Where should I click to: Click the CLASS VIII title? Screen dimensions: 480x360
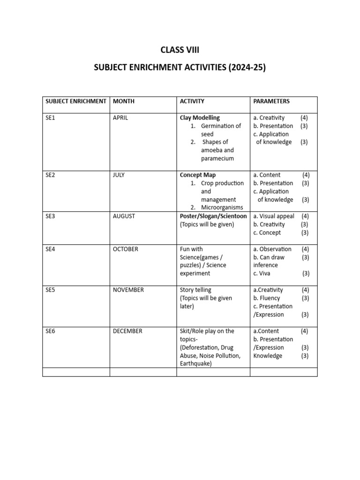pos(180,50)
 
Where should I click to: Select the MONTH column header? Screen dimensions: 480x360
pos(124,101)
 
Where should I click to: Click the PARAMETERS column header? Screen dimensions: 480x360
pos(271,101)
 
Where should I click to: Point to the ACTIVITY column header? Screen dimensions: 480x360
pos(192,101)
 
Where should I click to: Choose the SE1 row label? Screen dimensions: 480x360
pos(50,118)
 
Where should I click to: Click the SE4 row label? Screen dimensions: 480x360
pos(50,249)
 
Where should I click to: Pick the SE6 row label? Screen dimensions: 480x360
pos(50,331)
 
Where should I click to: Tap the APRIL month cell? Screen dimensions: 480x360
pos(120,118)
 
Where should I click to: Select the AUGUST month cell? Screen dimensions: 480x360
pos(124,216)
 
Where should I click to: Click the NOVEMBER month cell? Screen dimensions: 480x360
pos(128,290)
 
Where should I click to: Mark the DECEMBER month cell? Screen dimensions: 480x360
pos(127,331)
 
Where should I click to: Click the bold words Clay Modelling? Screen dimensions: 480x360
pos(200,118)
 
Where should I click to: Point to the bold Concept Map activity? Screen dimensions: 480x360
pos(198,175)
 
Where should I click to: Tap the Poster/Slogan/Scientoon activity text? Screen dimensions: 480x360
pos(213,216)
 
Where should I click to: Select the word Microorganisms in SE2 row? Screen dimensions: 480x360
pos(222,208)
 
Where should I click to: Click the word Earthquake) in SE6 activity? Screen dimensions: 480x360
pos(196,364)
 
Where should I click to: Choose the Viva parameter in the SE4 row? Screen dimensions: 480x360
pos(265,273)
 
